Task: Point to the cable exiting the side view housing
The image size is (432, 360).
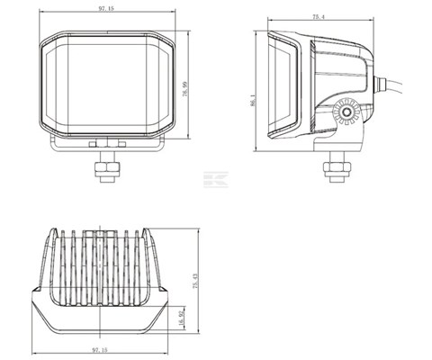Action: [x=396, y=87]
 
